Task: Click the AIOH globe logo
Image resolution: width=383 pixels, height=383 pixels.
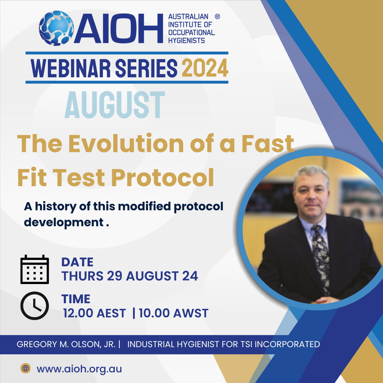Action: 56,28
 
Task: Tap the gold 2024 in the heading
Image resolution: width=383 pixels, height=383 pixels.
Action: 205,68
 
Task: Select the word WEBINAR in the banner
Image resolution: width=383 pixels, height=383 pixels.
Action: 71,68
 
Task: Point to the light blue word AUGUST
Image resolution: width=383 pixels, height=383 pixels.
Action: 115,105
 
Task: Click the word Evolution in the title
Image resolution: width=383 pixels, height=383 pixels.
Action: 126,144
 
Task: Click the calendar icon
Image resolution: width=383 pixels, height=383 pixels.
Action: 35,269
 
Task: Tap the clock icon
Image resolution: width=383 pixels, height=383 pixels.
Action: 35,306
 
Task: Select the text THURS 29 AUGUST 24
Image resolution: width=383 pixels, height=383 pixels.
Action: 130,276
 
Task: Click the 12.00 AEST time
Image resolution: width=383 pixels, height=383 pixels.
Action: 94,313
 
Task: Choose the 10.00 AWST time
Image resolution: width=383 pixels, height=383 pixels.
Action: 173,313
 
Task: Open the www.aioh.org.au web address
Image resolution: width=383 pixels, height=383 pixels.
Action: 79,369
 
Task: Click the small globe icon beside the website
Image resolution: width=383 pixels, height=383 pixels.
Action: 26,368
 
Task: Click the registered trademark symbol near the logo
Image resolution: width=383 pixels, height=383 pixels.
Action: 217,17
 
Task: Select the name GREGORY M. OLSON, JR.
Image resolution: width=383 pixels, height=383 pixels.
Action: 66,344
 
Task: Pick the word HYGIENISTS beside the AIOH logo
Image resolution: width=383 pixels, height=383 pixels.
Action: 187,40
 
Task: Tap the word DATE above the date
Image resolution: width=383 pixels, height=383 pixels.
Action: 77,262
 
